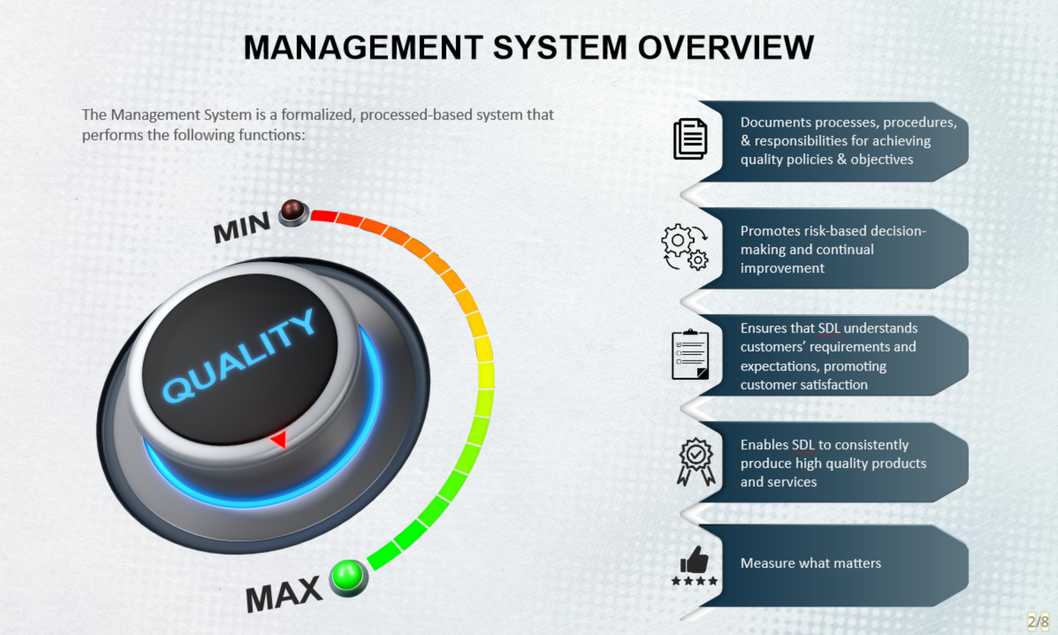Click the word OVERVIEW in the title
pos(726,47)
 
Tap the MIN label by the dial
pos(241,227)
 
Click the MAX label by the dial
pos(284,594)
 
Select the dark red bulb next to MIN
pos(292,211)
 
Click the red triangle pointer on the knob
pos(279,439)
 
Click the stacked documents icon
pos(690,139)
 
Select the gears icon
pos(685,247)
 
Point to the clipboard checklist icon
pos(690,355)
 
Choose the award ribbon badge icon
pos(696,461)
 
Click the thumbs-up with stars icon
pos(695,565)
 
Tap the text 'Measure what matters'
pos(810,563)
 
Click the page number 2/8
pos(1038,621)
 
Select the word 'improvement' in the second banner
pos(782,268)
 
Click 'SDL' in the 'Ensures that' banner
pos(829,328)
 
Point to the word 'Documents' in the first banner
pos(771,122)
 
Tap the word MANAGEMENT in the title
pos(363,47)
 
